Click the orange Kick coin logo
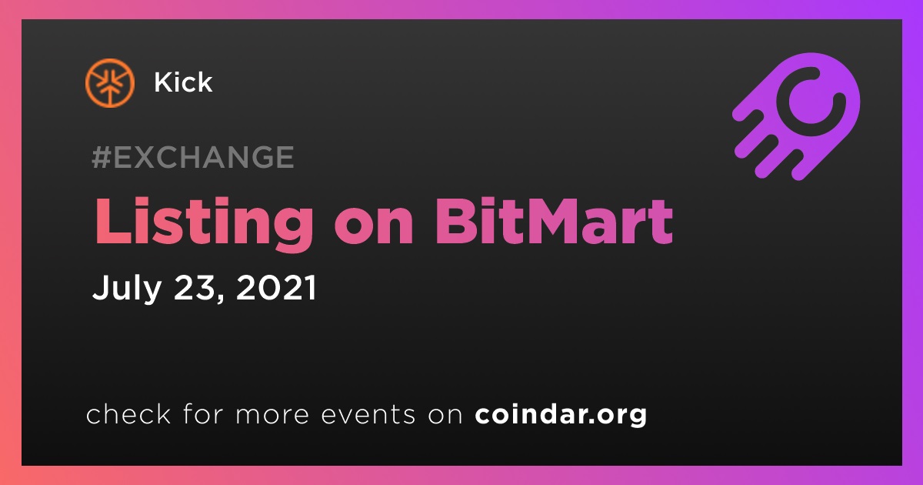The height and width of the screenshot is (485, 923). tap(109, 83)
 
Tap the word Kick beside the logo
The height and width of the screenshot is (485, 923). tap(183, 82)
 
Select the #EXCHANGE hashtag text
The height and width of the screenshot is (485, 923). tap(193, 157)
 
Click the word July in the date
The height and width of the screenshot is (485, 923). tap(127, 288)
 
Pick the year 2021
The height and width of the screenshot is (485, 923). tap(276, 287)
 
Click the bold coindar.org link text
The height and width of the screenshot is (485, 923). tap(561, 415)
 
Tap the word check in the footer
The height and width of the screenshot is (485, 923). tap(128, 413)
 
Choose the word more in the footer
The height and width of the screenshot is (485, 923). tap(272, 415)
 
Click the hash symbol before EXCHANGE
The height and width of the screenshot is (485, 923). tap(102, 157)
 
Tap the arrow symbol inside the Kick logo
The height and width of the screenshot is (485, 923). tap(109, 92)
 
